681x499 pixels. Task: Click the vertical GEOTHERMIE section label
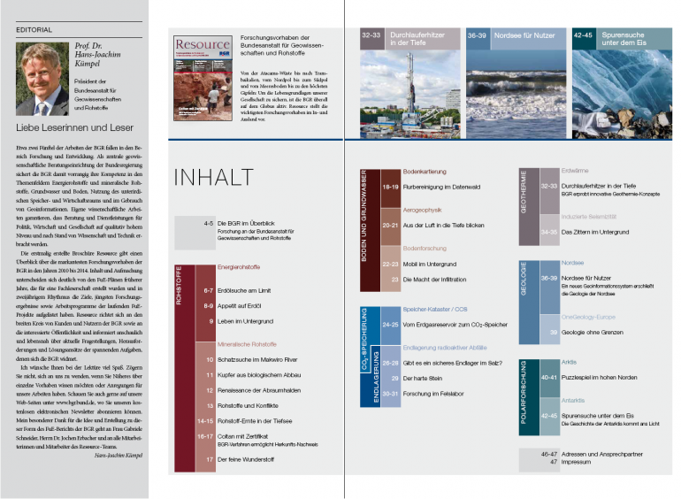coord(524,188)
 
